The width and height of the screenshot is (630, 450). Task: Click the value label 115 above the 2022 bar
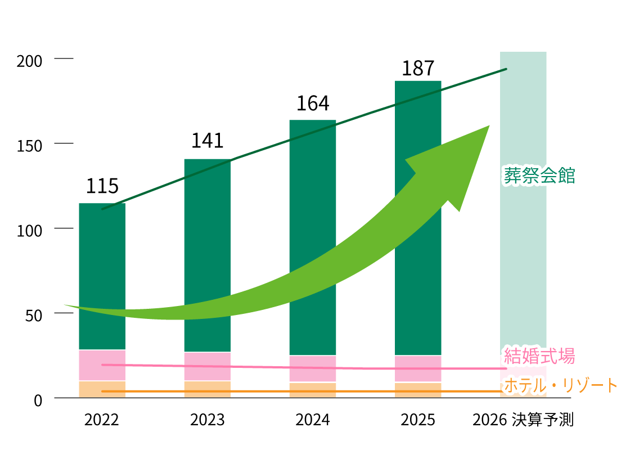pos(102,186)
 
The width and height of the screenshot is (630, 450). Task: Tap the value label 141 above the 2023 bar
pos(207,141)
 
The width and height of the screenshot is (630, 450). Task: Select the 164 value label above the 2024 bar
pos(313,103)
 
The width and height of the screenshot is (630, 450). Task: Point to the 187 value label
pos(418,68)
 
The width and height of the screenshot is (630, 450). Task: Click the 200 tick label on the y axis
pos(29,61)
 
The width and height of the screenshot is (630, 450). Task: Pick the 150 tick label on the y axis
pos(29,146)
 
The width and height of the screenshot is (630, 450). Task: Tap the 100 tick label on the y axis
pos(29,231)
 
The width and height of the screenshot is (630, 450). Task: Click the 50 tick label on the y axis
pos(33,316)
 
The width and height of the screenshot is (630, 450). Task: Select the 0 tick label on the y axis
pos(38,400)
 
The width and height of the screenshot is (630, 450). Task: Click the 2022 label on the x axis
pos(102,420)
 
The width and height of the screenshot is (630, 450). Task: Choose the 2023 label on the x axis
pos(207,420)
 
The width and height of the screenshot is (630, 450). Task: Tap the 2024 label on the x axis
pos(313,420)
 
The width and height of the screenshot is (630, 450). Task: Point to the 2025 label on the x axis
pos(418,420)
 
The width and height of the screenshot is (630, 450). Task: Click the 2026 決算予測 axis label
pos(523,420)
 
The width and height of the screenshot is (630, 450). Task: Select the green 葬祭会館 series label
pos(539,175)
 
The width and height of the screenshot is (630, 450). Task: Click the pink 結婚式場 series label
pos(539,355)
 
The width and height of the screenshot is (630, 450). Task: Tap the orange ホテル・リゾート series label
pos(560,385)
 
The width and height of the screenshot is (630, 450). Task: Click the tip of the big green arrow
pos(488,126)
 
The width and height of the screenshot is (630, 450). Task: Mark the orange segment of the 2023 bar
pos(207,389)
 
